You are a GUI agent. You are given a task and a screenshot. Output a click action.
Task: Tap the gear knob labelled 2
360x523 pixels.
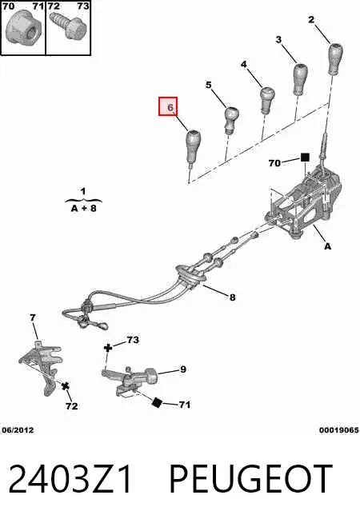click(335, 58)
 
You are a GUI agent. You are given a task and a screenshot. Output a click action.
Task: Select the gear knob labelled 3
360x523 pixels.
click(301, 78)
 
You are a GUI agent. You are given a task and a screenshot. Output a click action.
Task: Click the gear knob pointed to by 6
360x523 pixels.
click(193, 146)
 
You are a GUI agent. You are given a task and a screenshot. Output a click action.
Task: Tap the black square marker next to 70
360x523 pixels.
click(305, 158)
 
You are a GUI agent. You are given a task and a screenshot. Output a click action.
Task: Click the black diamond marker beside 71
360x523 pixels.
click(157, 402)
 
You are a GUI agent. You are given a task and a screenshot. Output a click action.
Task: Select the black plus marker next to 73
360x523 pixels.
click(108, 348)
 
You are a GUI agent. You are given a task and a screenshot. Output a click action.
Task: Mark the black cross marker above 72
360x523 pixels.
click(66, 386)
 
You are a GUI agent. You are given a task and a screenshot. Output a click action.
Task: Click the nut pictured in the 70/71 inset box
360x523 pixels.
click(23, 28)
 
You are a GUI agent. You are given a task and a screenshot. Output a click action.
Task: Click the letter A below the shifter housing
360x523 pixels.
click(328, 246)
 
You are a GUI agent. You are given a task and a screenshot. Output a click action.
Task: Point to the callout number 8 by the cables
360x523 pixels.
click(233, 297)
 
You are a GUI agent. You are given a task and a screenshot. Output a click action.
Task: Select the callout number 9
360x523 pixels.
click(183, 369)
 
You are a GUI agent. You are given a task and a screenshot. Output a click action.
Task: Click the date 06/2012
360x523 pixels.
click(18, 430)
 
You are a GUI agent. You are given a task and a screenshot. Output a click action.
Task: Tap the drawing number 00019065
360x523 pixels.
click(339, 430)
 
